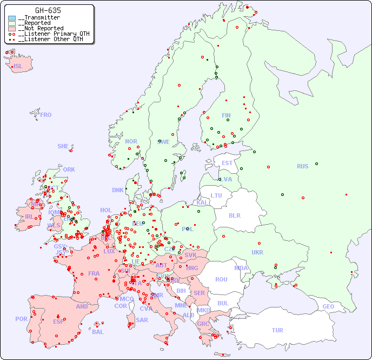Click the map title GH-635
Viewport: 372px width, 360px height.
coord(48,10)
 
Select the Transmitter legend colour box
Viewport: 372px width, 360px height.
coord(12,18)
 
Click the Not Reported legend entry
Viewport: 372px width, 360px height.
coord(41,28)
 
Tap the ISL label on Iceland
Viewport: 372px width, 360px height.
coord(18,67)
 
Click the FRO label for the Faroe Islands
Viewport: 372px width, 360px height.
coord(46,115)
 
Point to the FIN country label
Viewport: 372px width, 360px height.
coord(226,115)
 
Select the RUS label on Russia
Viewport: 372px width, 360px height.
coord(302,166)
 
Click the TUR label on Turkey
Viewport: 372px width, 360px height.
coord(277,330)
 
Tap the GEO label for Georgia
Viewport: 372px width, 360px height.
coord(328,306)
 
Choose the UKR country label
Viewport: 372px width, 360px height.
coord(257,252)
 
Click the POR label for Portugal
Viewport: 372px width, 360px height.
coord(21,319)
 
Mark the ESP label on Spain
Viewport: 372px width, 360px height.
coord(58,321)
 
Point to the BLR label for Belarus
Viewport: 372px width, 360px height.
coord(234,215)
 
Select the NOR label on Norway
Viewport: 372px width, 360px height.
coord(131,141)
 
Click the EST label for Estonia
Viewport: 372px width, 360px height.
coord(227,163)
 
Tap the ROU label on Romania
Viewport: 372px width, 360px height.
coord(221,279)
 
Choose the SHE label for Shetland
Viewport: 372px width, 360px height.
coord(63,146)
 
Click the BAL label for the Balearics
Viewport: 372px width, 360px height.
coord(97,332)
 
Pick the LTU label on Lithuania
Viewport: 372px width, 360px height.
coord(216,195)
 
